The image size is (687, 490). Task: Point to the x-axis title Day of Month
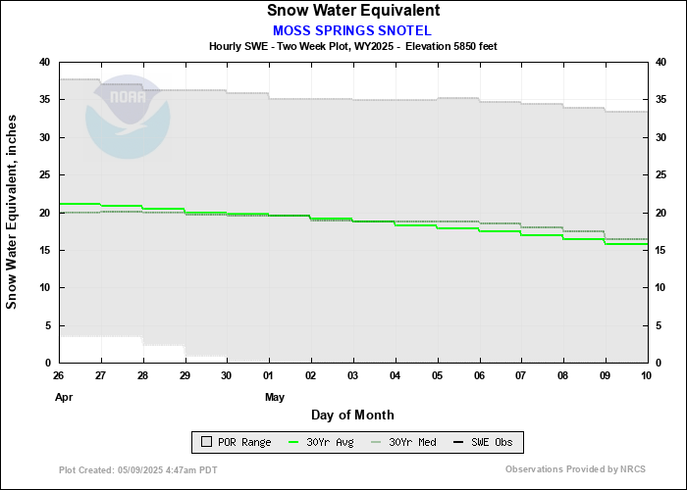click(352, 415)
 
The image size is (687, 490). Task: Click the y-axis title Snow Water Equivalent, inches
click(12, 212)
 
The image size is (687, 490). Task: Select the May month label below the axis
click(274, 397)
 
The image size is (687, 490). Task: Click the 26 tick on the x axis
click(60, 375)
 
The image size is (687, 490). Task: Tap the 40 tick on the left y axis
click(44, 62)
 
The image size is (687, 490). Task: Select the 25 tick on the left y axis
click(44, 174)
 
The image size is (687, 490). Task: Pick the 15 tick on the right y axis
click(660, 250)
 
